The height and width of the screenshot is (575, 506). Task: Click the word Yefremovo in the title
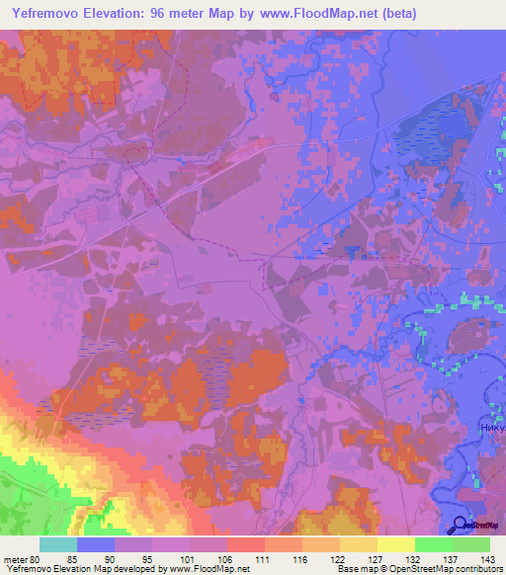47,14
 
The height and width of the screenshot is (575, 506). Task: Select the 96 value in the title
168,14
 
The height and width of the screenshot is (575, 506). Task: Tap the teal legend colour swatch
58,544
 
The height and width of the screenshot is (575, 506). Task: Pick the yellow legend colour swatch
395,544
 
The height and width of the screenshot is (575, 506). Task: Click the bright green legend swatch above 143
471,544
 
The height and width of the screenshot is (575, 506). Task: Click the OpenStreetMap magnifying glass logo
460,525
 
